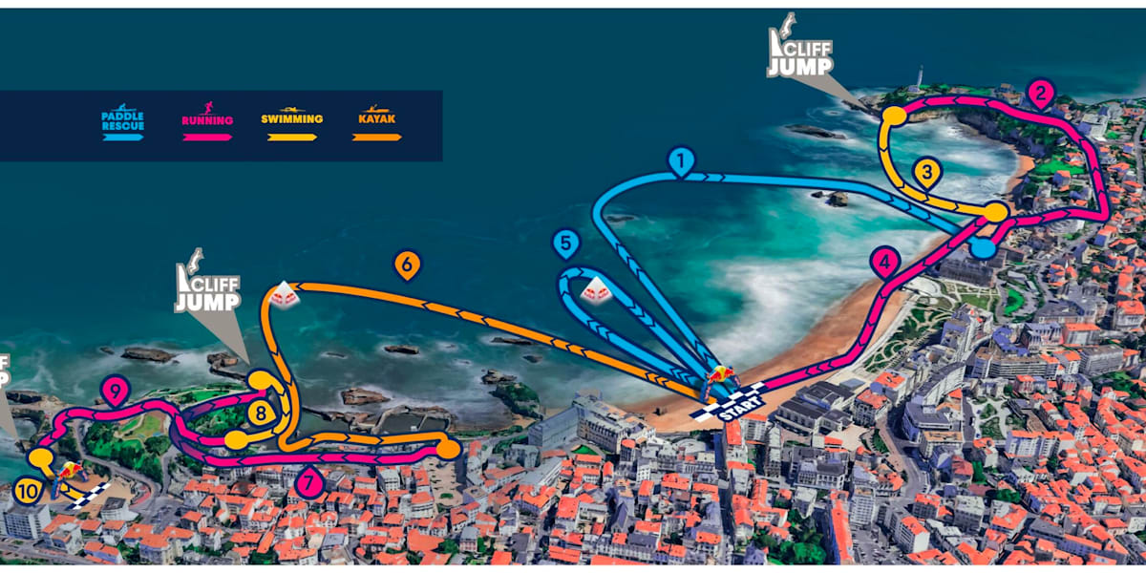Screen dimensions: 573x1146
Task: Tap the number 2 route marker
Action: pos(1040,94)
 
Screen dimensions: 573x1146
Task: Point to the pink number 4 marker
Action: pos(885,261)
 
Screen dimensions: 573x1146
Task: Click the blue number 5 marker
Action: pos(566,244)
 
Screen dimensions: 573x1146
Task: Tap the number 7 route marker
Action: pos(308,483)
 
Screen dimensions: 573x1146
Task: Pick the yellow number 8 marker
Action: pos(260,413)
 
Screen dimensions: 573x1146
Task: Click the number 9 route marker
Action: pos(115,390)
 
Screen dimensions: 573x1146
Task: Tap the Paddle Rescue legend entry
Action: pos(122,124)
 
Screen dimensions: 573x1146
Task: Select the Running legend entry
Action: pos(206,124)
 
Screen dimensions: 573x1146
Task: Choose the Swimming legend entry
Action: pos(291,124)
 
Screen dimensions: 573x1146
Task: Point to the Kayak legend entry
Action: pos(376,124)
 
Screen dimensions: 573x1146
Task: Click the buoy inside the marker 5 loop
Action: pos(598,289)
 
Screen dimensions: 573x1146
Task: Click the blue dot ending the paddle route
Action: pos(982,248)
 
